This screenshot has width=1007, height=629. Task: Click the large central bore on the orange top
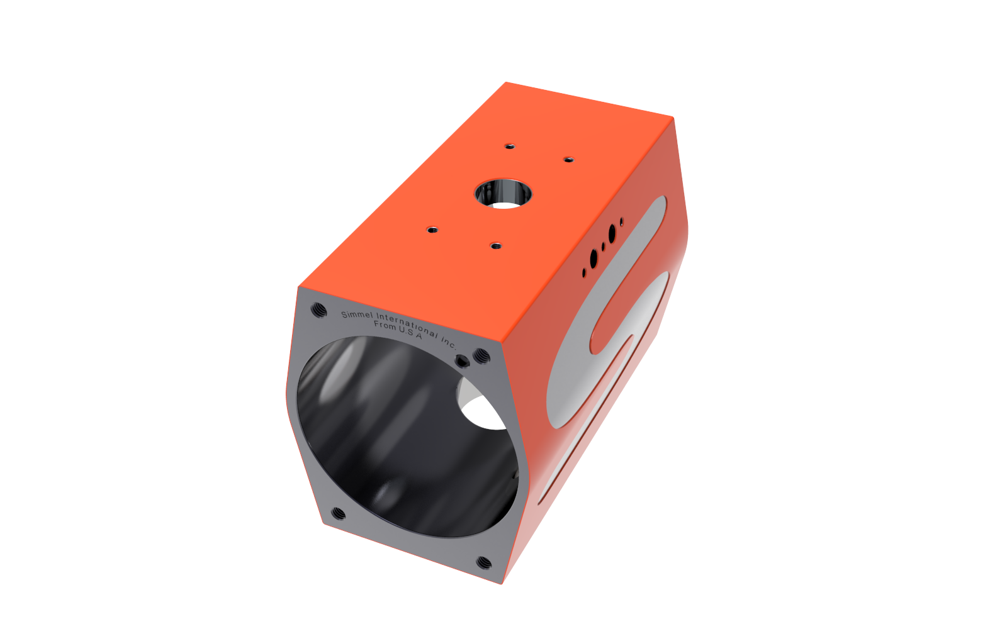(503, 194)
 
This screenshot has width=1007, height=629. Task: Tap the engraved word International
(407, 325)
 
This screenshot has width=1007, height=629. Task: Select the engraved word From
(385, 325)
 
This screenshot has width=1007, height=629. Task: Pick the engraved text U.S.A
(410, 333)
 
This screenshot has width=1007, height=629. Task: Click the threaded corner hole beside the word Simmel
(318, 309)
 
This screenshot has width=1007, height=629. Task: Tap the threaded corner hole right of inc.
(482, 356)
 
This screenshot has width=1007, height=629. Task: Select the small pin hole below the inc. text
(462, 361)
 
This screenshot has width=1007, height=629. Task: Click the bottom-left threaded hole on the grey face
(339, 513)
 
